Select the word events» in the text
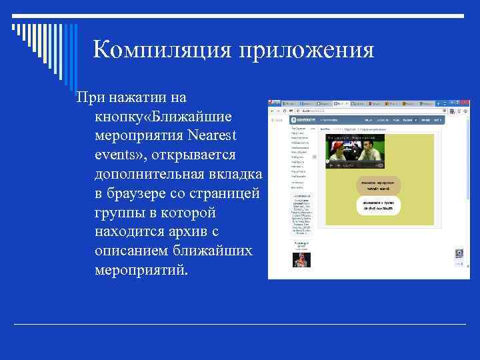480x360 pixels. click(x=122, y=155)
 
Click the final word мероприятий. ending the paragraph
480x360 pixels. click(x=142, y=271)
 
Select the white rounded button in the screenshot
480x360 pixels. click(x=377, y=205)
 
